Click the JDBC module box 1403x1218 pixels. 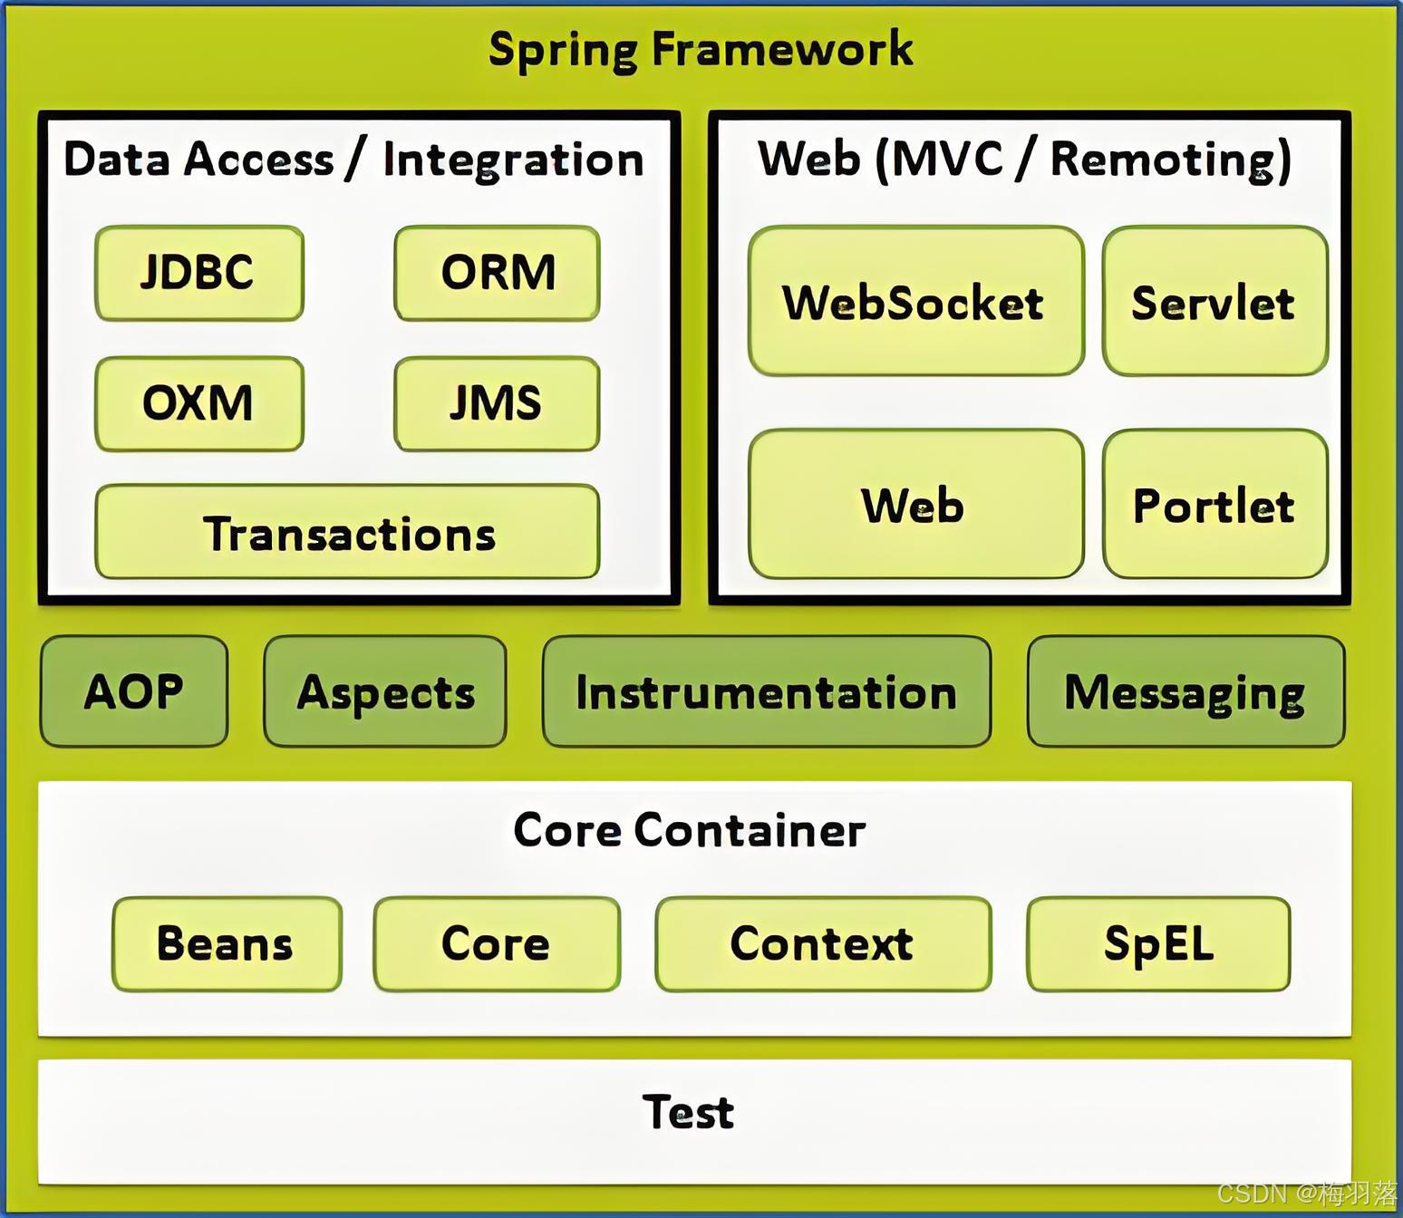coord(198,273)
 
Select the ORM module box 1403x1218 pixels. coord(497,273)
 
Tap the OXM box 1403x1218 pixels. coord(198,403)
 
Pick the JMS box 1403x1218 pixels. coord(497,403)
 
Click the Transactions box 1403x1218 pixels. coord(347,533)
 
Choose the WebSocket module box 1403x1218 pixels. coord(915,302)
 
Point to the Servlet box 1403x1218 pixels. coord(1214,302)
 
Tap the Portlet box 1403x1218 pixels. coord(1214,505)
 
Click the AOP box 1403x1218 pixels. coord(134,691)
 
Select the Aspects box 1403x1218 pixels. coord(385,691)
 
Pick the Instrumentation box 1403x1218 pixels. coord(767,691)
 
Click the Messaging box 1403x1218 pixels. coord(1185,691)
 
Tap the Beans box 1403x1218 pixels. coord(227,943)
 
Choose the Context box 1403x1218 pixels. coord(823,943)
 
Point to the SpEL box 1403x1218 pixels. coord(1158,943)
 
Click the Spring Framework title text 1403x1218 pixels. coord(701,49)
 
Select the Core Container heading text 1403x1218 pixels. coord(690,829)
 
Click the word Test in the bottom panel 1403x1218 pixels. coord(688,1112)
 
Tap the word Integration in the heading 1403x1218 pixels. coord(513,160)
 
